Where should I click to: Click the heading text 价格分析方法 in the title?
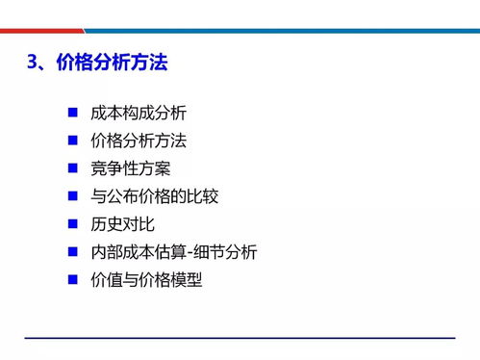click(112, 64)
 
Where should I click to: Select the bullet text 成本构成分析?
click(138, 114)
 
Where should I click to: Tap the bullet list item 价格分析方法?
click(138, 141)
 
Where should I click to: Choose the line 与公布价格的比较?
click(154, 197)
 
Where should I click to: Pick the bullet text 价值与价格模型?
click(146, 281)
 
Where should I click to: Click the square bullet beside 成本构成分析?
click(73, 113)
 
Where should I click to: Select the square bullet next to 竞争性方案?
click(73, 168)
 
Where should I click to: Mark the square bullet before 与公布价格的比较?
click(73, 196)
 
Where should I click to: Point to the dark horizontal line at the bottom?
click(240, 338)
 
